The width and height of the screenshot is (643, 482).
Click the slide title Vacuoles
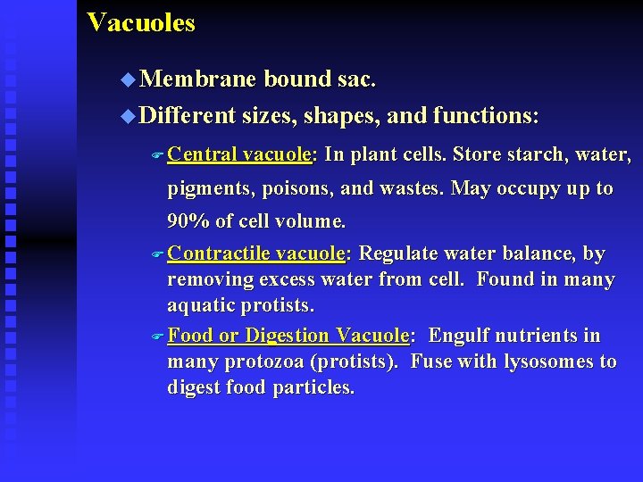pyautogui.click(x=140, y=22)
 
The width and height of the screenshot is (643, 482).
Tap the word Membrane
pyautogui.click(x=198, y=79)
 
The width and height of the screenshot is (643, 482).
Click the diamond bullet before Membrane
pyautogui.click(x=127, y=80)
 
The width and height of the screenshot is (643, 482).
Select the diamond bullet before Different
pyautogui.click(x=127, y=116)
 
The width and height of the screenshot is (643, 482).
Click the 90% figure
pyautogui.click(x=187, y=220)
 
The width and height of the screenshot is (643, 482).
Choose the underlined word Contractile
pyautogui.click(x=218, y=254)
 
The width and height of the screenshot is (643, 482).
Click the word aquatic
pyautogui.click(x=202, y=305)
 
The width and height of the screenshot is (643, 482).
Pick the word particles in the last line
pyautogui.click(x=313, y=387)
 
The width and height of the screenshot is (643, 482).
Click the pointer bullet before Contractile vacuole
pyautogui.click(x=157, y=255)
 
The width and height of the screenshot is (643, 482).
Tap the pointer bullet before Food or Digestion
pyautogui.click(x=157, y=337)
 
